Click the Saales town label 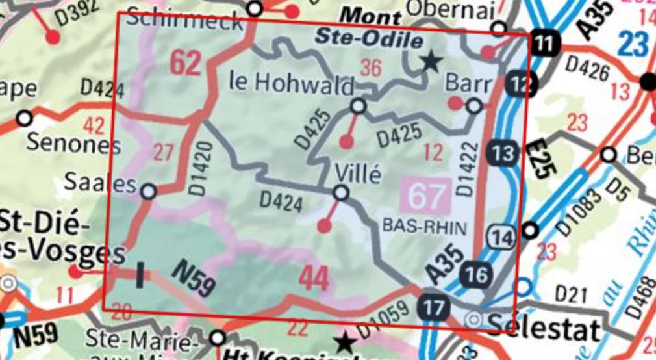coord(101,184)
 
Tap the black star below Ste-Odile coord(430,62)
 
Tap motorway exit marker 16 coord(476,275)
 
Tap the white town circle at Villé coord(341,193)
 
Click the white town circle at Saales coord(149,191)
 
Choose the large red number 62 coord(185,63)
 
